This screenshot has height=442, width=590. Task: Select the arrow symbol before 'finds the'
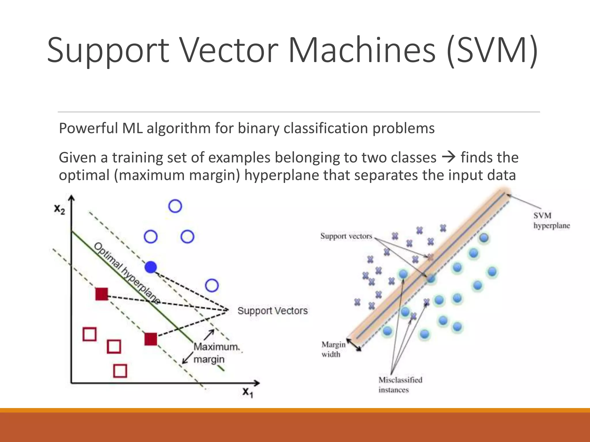coord(448,157)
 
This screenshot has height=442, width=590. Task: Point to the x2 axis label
coord(60,209)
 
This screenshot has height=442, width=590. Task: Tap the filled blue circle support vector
coord(151,267)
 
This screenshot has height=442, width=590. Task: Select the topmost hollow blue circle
coord(175,206)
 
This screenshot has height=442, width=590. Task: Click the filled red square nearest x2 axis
coord(102,294)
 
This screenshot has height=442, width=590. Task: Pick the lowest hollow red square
coord(120,371)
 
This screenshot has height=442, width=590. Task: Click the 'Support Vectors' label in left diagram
coord(272,311)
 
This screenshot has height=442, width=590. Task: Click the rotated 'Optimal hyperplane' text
coord(127,273)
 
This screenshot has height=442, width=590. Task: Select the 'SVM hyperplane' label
coord(551,220)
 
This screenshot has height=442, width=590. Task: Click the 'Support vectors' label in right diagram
coord(346,236)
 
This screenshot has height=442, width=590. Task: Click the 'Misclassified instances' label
coord(400,385)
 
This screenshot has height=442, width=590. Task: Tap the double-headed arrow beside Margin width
coord(354,345)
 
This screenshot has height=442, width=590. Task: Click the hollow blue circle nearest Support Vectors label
coord(212,285)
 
